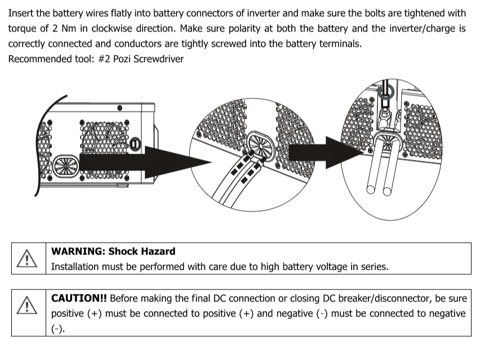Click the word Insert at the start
[x=21, y=13]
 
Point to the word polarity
[x=246, y=28]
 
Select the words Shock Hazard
[x=141, y=251]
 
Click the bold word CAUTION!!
[x=79, y=298]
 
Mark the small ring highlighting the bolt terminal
[x=385, y=93]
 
